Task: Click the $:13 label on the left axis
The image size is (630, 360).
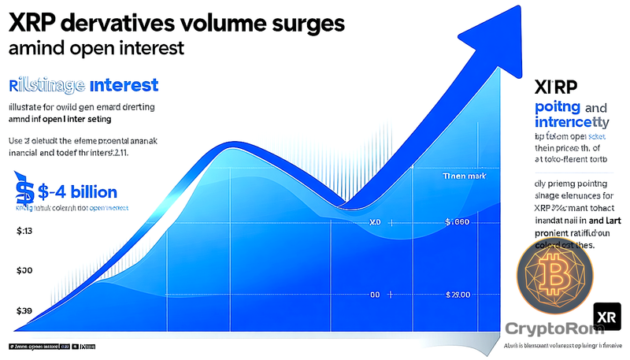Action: pyautogui.click(x=24, y=232)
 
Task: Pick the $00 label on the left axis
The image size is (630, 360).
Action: pyautogui.click(x=24, y=271)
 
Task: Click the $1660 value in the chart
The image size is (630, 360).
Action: pyautogui.click(x=457, y=223)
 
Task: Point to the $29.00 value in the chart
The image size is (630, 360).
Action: pyautogui.click(x=457, y=295)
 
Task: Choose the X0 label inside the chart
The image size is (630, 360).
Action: pyautogui.click(x=374, y=223)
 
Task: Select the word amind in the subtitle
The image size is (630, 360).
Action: pyautogui.click(x=33, y=48)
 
